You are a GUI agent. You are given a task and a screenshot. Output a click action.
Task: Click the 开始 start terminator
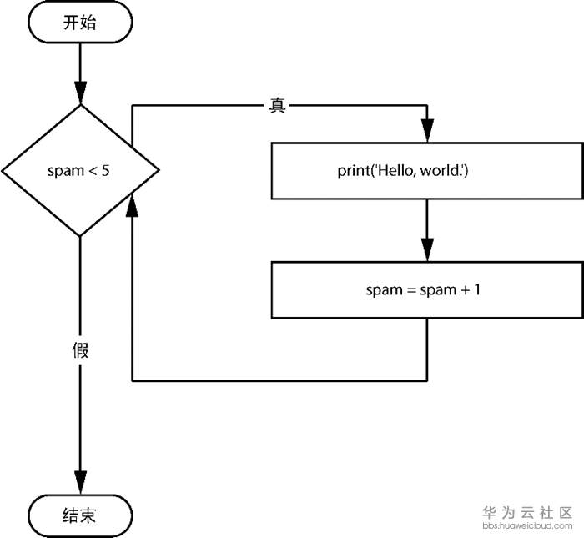pyautogui.click(x=80, y=23)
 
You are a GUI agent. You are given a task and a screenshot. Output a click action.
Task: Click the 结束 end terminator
pyautogui.click(x=80, y=515)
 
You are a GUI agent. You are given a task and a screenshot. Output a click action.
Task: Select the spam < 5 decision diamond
pyautogui.click(x=80, y=171)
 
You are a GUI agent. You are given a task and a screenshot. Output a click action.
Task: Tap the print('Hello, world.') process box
pyautogui.click(x=426, y=171)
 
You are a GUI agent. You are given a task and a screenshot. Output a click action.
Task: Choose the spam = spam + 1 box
pyautogui.click(x=426, y=290)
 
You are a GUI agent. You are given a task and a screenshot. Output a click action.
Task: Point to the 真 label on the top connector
pyautogui.click(x=278, y=107)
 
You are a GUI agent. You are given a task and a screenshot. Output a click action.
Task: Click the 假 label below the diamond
pyautogui.click(x=80, y=349)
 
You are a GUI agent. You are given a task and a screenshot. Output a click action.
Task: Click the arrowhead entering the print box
pyautogui.click(x=427, y=131)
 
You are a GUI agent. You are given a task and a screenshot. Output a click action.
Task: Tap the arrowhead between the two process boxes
pyautogui.click(x=427, y=249)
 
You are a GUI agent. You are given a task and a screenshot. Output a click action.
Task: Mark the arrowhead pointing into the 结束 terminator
pyautogui.click(x=80, y=483)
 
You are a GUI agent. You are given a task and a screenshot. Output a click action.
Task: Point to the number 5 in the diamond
pyautogui.click(x=106, y=171)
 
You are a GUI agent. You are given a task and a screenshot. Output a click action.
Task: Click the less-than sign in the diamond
pyautogui.click(x=92, y=171)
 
